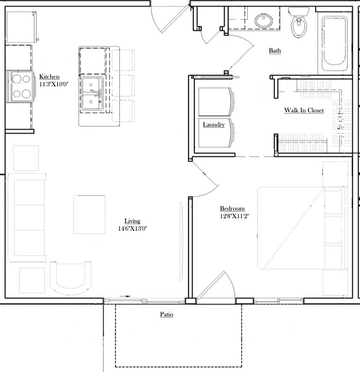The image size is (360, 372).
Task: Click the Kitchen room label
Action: [x=49, y=77]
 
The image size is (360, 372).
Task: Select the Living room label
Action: [x=132, y=221]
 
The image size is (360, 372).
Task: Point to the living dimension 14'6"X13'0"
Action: [x=132, y=228]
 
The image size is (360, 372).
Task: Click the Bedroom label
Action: [x=232, y=209]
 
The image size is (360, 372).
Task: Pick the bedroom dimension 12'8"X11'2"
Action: [x=234, y=216]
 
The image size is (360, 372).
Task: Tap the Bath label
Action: [x=275, y=50]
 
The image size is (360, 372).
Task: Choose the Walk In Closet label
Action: [x=304, y=111]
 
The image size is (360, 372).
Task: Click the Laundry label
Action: [x=213, y=125]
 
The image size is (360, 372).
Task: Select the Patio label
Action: [x=167, y=315]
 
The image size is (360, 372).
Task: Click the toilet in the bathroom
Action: [x=299, y=22]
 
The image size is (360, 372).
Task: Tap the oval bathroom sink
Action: [x=264, y=21]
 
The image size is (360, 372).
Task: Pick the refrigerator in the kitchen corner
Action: [x=22, y=27]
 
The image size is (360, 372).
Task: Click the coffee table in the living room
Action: [x=89, y=215]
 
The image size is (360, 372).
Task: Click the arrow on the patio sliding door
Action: [x=125, y=296]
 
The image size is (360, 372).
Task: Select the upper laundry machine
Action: [x=216, y=102]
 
